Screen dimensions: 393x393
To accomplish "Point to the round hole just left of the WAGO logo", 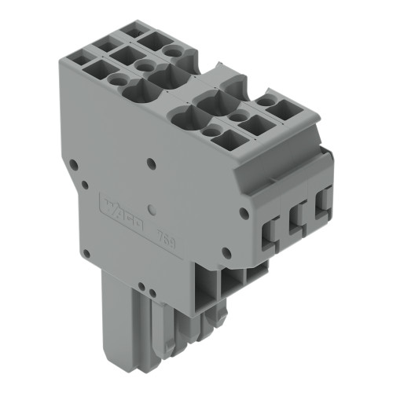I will pyautogui.click(x=83, y=185).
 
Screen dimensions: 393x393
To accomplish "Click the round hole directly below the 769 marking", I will pyautogui.click(x=227, y=252).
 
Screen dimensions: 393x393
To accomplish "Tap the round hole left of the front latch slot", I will pyautogui.click(x=244, y=212).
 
